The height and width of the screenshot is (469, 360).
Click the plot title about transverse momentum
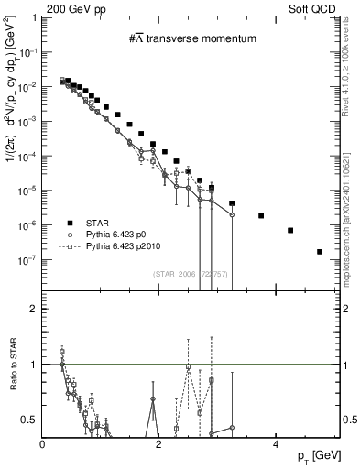[x=191, y=38]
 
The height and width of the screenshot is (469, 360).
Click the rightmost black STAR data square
[x=320, y=251]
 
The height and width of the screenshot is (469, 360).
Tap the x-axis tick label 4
[x=275, y=444]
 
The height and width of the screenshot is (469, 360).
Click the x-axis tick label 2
[x=158, y=444]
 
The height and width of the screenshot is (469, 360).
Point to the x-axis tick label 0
[x=43, y=444]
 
